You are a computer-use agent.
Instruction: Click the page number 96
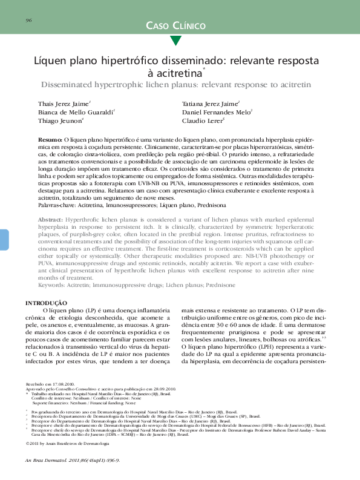click(x=28, y=21)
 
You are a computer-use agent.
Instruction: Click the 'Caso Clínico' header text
click(x=175, y=25)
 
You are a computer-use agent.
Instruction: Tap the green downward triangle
click(x=175, y=41)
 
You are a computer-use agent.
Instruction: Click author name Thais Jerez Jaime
click(x=64, y=103)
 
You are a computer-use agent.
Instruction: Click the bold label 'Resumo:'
click(x=50, y=139)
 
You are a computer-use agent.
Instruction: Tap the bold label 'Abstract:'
click(x=50, y=218)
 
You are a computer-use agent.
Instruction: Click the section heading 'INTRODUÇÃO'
click(x=45, y=302)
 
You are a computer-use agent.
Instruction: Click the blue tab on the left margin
click(x=4, y=239)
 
